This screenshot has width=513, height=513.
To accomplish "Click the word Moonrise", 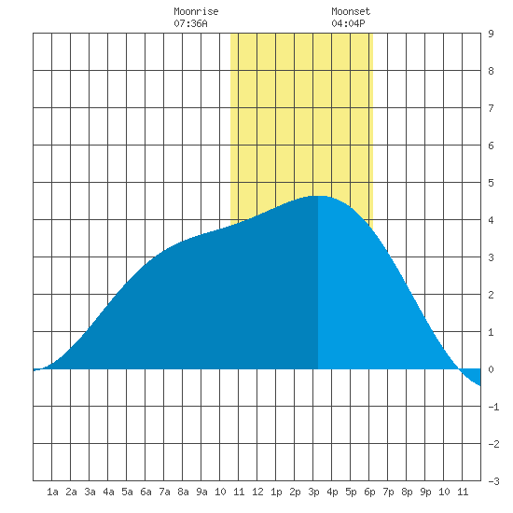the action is [x=196, y=11].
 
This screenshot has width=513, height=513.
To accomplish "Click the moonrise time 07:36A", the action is [x=190, y=23].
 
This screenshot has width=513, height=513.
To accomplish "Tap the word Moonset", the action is [x=351, y=11].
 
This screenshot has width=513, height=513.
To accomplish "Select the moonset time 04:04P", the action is [x=348, y=23].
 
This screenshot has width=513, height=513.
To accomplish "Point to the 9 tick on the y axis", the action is [x=491, y=34].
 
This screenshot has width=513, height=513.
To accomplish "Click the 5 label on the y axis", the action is [x=491, y=183].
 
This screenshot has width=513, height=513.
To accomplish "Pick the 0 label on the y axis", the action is [x=491, y=369].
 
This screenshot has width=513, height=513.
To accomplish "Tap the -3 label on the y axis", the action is [x=493, y=481].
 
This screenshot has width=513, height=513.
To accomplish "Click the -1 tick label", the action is [x=493, y=407].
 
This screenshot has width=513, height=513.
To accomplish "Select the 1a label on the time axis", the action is [x=52, y=492].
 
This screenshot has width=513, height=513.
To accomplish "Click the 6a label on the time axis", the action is [x=146, y=492].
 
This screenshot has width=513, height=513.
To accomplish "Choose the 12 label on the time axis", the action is [x=257, y=492].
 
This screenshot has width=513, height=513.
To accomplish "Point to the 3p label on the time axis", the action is [x=313, y=492].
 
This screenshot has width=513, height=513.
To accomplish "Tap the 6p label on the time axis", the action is [x=369, y=492].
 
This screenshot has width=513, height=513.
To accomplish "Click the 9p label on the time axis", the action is [x=425, y=492].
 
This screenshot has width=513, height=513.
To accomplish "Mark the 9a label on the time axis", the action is [x=201, y=492].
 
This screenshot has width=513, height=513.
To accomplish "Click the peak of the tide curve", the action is [x=319, y=196].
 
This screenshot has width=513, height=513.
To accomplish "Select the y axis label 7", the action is [x=491, y=108].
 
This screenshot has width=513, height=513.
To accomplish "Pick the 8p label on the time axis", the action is [x=407, y=492].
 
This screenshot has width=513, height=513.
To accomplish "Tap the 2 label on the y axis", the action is [x=491, y=295].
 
